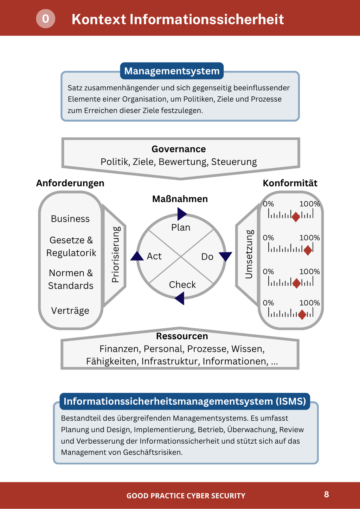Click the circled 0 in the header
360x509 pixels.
click(x=45, y=19)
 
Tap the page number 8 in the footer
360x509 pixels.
click(x=326, y=494)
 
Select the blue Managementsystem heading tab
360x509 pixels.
click(x=172, y=71)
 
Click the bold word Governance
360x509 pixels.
click(x=179, y=149)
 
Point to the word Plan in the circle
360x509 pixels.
click(x=181, y=227)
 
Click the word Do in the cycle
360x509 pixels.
click(x=207, y=257)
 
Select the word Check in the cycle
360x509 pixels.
click(x=182, y=284)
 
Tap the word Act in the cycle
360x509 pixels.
click(x=154, y=256)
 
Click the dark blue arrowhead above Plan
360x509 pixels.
click(x=182, y=214)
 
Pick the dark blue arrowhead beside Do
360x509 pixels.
click(x=225, y=256)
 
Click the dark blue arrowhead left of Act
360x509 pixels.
click(x=137, y=256)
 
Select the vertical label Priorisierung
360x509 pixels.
click(x=116, y=254)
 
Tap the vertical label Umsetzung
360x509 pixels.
click(x=249, y=254)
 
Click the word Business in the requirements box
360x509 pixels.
click(x=70, y=219)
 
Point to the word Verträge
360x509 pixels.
click(x=70, y=310)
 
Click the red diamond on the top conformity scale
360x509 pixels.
click(x=296, y=217)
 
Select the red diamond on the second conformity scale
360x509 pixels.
click(x=308, y=250)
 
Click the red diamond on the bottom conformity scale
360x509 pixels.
click(x=302, y=315)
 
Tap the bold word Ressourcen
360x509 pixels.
click(x=182, y=336)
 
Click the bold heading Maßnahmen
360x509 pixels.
click(x=180, y=199)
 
